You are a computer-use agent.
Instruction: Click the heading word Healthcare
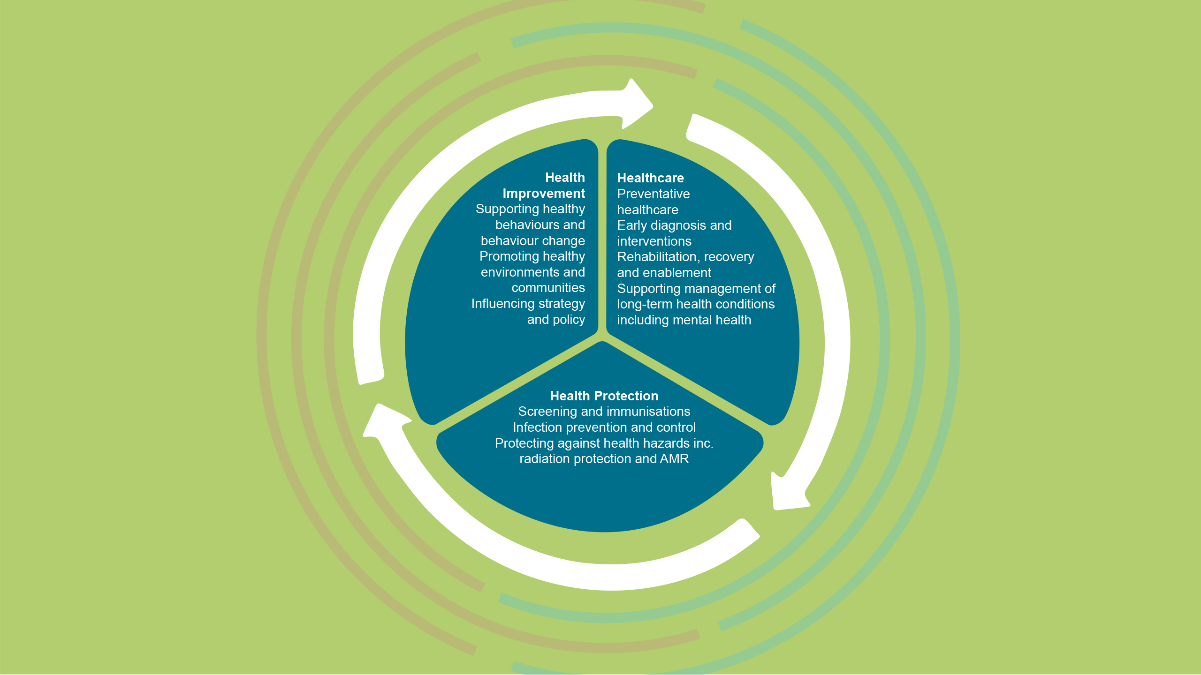[x=650, y=178]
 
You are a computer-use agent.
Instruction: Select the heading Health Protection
[x=604, y=396]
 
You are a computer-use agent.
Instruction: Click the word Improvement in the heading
[x=543, y=194]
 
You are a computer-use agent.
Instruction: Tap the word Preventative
[x=653, y=194]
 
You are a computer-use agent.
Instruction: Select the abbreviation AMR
[x=674, y=459]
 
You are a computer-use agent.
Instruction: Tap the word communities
[x=548, y=288]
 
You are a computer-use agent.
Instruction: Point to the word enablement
[x=678, y=273]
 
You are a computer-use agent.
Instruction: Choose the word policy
[x=569, y=320]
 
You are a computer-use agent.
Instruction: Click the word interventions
[x=654, y=241]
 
